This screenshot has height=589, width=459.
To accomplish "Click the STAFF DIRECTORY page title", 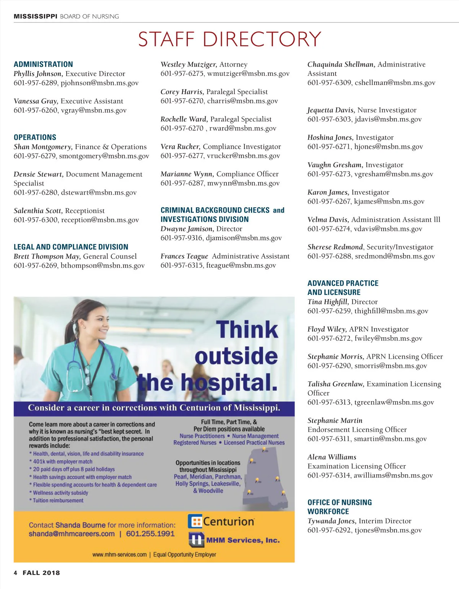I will [229, 39].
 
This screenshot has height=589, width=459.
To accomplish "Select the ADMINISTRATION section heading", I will [43, 64].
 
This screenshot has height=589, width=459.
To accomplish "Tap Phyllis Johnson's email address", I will [99, 83].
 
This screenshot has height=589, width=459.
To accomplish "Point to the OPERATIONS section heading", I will [35, 137].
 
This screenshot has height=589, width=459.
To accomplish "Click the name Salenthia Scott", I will [37, 211].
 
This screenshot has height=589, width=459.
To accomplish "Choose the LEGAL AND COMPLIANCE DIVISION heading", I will [71, 247].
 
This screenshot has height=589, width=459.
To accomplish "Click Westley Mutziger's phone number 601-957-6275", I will [182, 73].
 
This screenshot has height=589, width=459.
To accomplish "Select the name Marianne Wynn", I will [186, 174].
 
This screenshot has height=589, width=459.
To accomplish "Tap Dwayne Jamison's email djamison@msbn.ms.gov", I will [244, 238].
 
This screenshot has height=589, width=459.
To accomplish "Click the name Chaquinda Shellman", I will [341, 64].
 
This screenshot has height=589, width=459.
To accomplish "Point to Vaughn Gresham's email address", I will [394, 174].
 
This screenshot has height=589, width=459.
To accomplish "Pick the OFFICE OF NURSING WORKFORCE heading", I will [339, 507].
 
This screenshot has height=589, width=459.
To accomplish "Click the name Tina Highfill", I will [328, 302].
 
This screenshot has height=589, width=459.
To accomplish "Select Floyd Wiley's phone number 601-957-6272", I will [329, 338].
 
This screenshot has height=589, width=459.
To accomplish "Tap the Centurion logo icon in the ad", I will [195, 521].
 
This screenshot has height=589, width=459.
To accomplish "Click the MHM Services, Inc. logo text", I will [243, 540].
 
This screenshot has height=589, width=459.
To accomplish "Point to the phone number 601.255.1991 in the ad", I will [150, 534].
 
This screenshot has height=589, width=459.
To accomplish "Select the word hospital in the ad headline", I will [228, 382].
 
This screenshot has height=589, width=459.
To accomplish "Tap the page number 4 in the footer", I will [16, 573].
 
